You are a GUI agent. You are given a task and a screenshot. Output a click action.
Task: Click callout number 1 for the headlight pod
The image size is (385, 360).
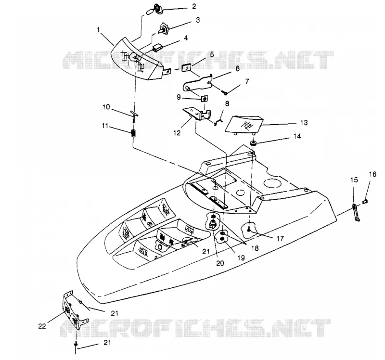(99, 30)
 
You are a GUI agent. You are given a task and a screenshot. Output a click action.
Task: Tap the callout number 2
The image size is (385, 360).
(194, 7)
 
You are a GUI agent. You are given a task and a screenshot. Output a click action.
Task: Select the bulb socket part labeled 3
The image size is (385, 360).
(163, 29)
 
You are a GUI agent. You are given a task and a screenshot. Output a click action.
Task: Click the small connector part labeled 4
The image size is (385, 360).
(157, 48)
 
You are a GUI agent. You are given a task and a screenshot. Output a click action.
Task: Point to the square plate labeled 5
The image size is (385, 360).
(186, 68)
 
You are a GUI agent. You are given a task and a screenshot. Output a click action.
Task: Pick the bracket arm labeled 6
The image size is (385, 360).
(198, 83)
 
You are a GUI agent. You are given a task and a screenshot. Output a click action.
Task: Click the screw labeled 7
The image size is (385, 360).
(225, 92)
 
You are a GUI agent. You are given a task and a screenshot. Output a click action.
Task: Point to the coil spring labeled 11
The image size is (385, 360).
(134, 134)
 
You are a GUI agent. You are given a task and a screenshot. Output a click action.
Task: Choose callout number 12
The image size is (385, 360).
(177, 133)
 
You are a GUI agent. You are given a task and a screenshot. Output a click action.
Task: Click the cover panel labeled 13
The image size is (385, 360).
(244, 125)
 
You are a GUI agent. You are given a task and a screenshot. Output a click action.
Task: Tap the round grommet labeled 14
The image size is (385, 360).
(253, 143)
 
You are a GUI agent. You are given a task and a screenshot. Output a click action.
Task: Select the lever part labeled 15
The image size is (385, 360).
(356, 213)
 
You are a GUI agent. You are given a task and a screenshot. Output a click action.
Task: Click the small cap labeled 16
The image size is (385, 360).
(365, 202)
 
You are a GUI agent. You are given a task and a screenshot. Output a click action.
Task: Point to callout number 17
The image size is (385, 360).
(280, 238)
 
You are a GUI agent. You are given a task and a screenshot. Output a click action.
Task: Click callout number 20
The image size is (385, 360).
(220, 263)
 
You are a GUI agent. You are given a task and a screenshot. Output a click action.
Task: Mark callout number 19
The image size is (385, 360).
(241, 257)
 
